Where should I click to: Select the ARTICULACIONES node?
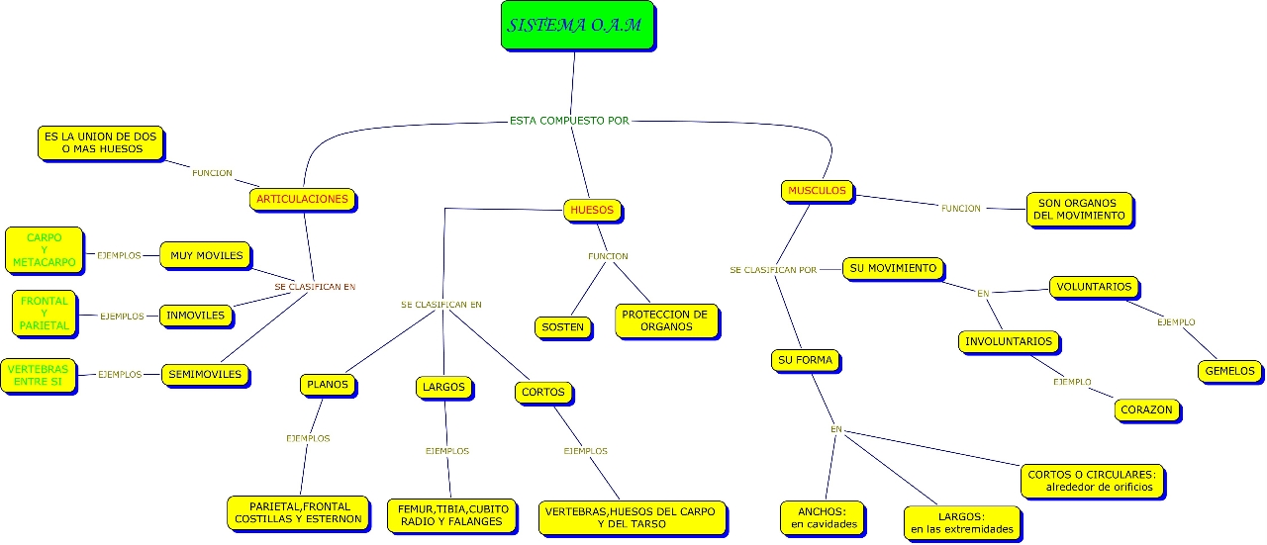tap(302, 200)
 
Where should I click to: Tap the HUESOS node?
tap(593, 210)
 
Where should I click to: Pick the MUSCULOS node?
tap(817, 190)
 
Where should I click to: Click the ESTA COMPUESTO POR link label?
tap(569, 121)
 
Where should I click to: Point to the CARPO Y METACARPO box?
tap(44, 250)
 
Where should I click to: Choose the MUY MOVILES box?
tap(206, 255)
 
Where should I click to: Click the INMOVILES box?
tap(196, 316)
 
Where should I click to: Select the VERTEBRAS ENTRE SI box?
tap(39, 375)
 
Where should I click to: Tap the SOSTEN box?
tap(562, 326)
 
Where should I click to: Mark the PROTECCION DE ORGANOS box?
tap(665, 320)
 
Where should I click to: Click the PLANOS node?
tap(327, 385)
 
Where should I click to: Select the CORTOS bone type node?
tap(543, 393)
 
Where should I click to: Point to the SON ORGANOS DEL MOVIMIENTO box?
tap(1078, 209)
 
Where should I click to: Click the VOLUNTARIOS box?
tap(1094, 287)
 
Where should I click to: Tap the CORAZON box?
tap(1146, 409)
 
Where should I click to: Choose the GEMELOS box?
tap(1229, 372)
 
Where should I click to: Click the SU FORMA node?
tap(803, 360)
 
